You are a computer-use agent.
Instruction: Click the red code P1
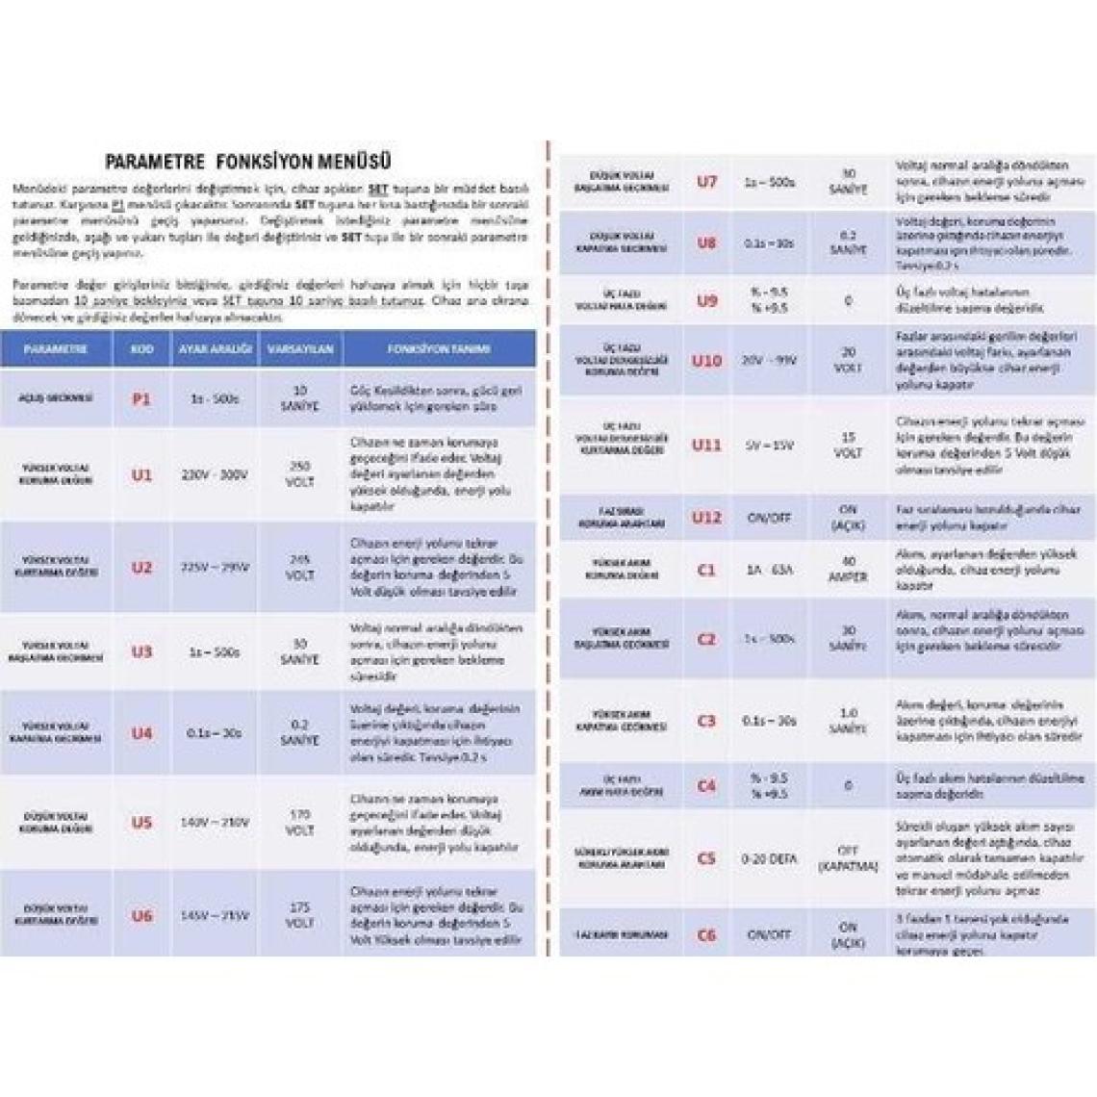coord(140,397)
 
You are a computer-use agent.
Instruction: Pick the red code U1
coord(141,474)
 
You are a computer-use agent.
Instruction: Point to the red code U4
coord(141,733)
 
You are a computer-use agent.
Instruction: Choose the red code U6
coord(141,915)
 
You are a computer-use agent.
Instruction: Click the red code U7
coord(706,181)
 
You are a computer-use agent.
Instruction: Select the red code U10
coord(706,361)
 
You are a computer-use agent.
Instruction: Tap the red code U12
coord(706,517)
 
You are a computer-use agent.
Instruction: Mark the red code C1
coord(706,569)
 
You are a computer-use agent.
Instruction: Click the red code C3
coord(706,721)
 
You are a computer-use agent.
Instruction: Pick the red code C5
coord(706,858)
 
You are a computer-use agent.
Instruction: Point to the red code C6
coord(706,934)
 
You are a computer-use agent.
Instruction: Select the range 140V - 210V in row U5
coord(215,823)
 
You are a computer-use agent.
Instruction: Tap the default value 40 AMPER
coord(848,569)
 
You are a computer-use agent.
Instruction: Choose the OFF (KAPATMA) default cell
coord(848,858)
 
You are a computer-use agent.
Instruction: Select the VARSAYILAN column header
coord(299,349)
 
